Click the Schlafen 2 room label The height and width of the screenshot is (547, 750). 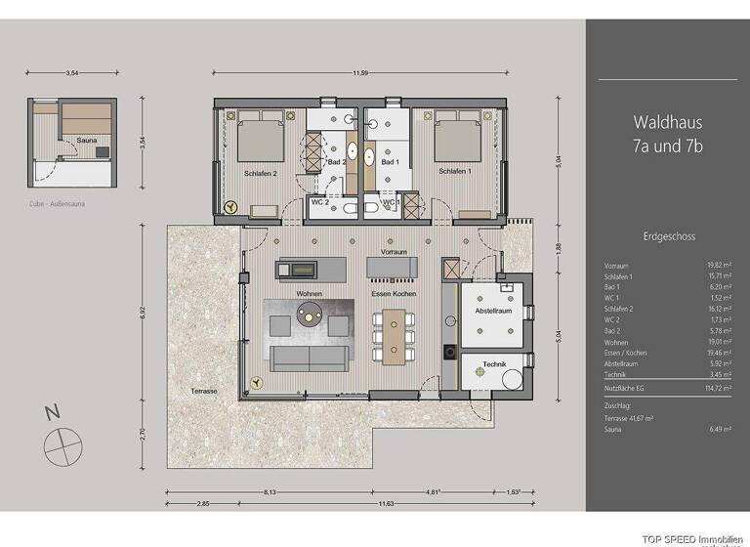point(262,173)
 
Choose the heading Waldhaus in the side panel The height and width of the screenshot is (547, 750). point(667,123)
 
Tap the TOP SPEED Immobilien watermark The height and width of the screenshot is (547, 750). point(693,539)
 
